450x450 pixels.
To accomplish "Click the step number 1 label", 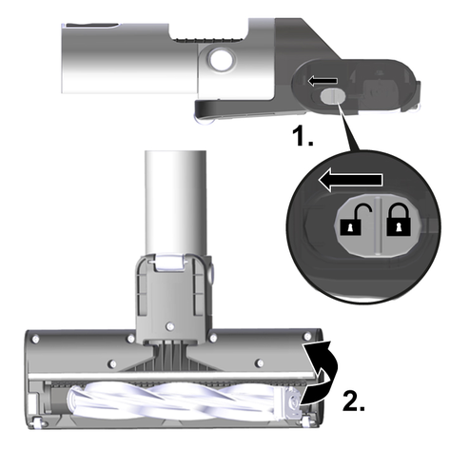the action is (303, 136).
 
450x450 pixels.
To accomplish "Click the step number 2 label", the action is (354, 401).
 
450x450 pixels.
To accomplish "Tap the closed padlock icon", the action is (399, 220).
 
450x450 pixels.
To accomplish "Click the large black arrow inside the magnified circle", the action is (350, 181).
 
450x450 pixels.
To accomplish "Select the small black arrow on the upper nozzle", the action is (323, 81).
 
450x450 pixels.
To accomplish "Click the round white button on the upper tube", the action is (220, 59).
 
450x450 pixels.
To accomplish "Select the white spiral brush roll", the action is (178, 401).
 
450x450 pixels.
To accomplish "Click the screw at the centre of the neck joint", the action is (170, 325).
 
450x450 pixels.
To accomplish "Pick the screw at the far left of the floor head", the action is (35, 340).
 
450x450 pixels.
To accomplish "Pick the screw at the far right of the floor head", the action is (306, 336).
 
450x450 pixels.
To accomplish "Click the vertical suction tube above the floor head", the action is (175, 203).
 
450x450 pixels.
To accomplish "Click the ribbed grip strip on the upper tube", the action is (208, 40).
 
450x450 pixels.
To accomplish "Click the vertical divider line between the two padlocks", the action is (378, 225).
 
